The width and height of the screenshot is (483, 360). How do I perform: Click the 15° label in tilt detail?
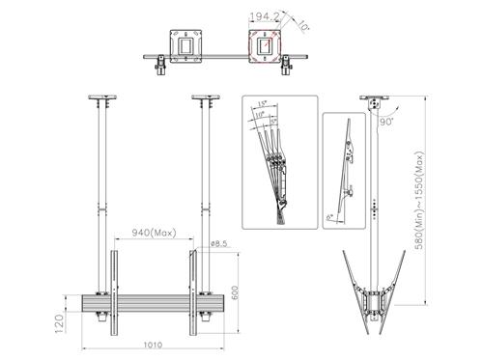[x=264, y=103]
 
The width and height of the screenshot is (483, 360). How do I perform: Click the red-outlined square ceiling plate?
[x=264, y=43]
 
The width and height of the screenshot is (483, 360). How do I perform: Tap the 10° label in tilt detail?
[x=259, y=114]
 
